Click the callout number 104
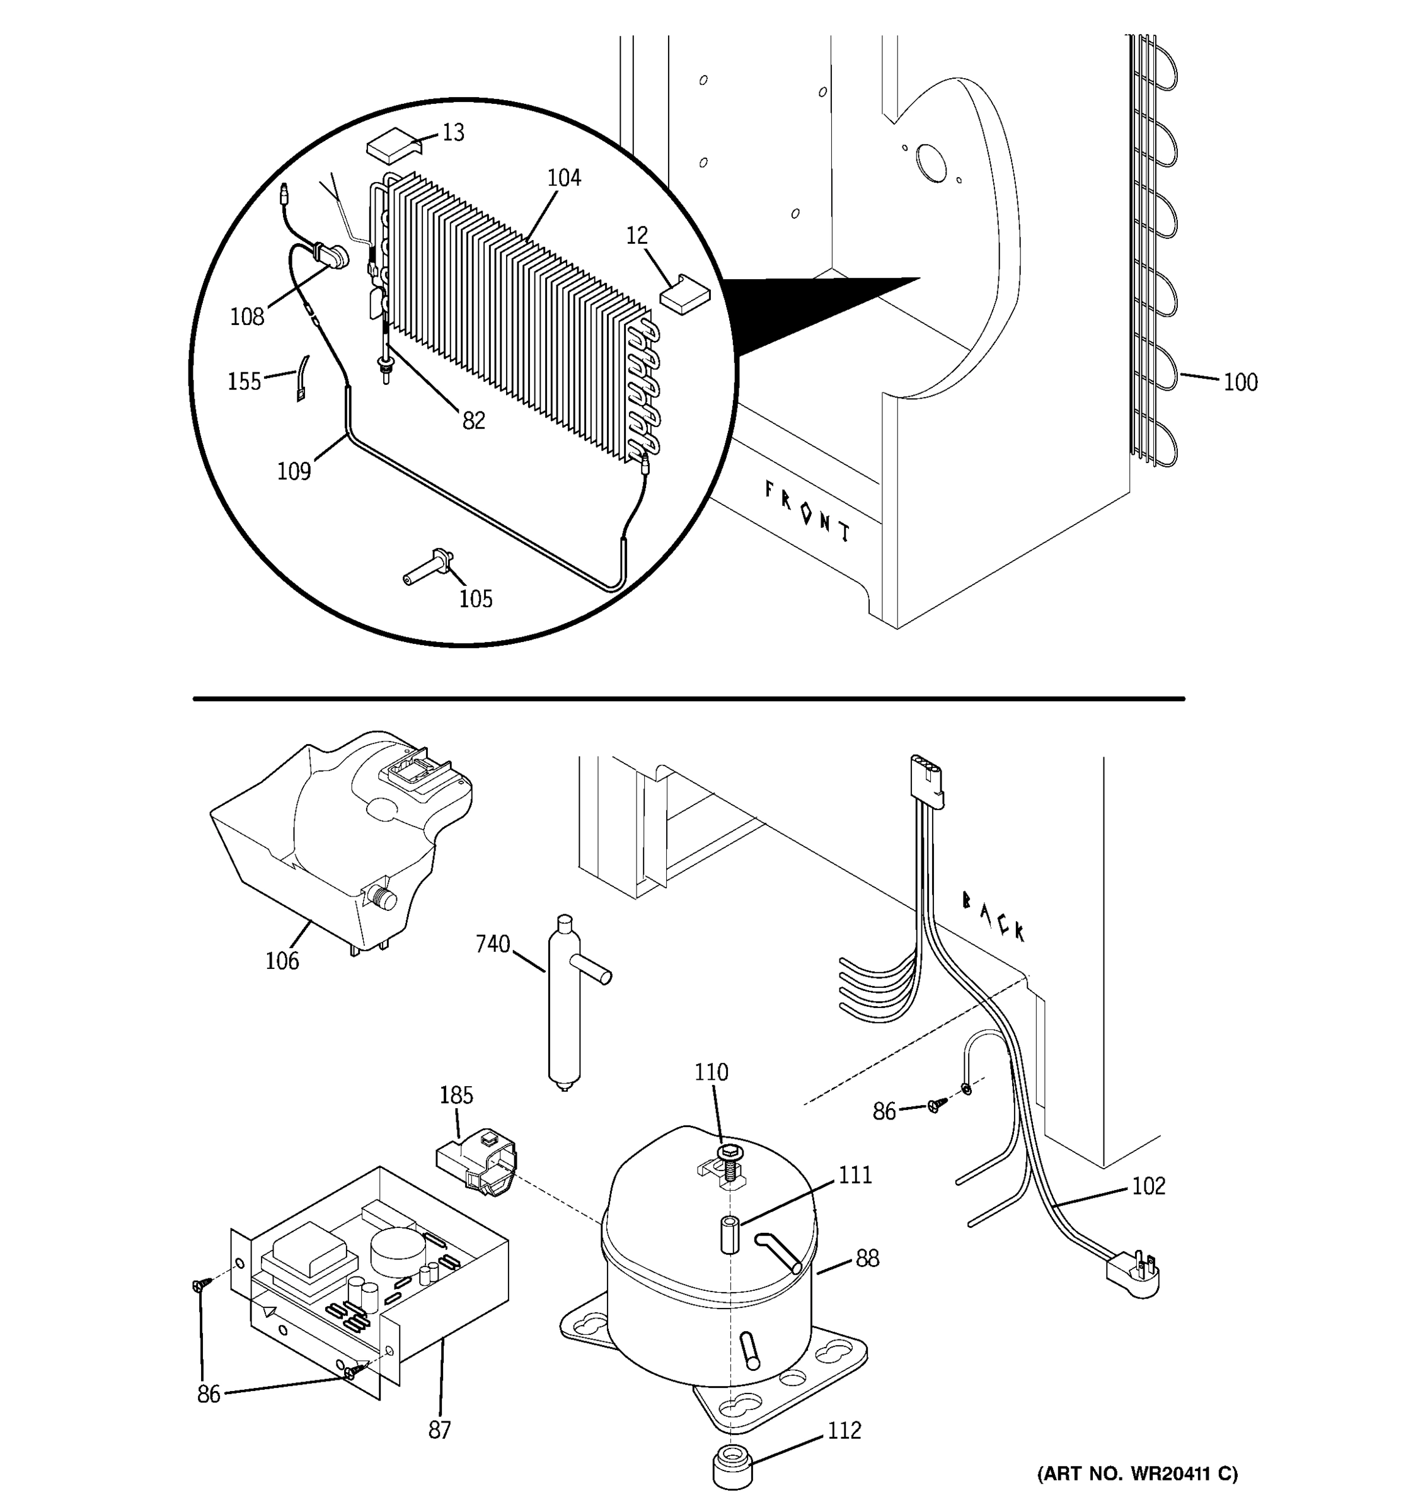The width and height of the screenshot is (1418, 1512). (x=563, y=178)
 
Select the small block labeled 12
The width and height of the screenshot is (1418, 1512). (x=684, y=294)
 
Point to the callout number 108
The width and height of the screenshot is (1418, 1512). (x=246, y=317)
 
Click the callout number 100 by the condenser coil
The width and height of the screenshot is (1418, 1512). (x=1240, y=382)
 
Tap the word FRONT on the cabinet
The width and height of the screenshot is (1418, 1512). (x=807, y=512)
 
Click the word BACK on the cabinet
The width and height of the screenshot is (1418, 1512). (x=993, y=917)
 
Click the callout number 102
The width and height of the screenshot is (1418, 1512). (x=1148, y=1186)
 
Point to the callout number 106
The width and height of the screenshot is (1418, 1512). (x=282, y=961)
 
